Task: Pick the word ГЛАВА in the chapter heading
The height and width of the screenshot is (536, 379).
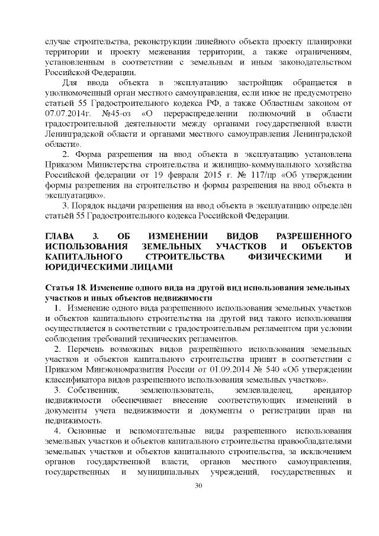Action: point(59,236)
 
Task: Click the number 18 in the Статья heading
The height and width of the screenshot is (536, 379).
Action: point(78,287)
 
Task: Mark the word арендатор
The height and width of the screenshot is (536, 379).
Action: point(330,391)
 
